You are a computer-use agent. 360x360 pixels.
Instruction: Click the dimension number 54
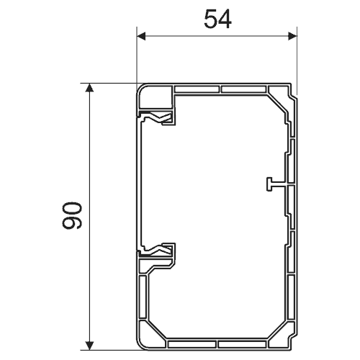coord(217,19)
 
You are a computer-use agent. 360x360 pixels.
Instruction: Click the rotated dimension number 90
coord(72,215)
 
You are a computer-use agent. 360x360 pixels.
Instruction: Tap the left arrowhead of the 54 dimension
coord(141,37)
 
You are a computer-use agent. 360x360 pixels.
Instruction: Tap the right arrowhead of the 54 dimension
coord(292,37)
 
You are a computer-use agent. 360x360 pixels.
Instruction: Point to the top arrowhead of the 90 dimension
coord(89,88)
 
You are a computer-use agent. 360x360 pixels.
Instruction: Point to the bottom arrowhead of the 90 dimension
coord(89,346)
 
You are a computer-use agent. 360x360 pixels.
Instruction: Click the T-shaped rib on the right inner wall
coord(276,184)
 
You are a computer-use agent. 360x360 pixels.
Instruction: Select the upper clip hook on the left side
coord(157,117)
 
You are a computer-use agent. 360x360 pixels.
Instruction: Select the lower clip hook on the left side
coord(157,250)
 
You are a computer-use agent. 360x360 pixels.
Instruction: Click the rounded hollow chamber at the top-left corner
coord(155,96)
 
